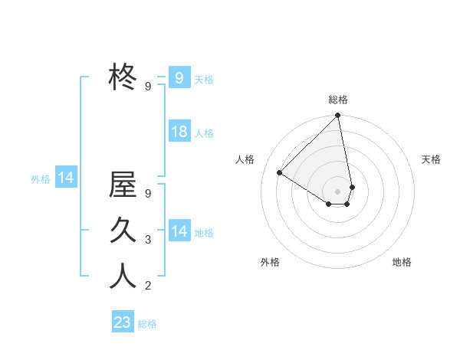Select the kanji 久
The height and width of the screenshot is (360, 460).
click(x=123, y=230)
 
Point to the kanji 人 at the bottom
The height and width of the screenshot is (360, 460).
click(x=123, y=276)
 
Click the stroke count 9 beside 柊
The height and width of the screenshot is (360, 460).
click(x=148, y=87)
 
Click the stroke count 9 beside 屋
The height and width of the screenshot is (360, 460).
click(x=148, y=194)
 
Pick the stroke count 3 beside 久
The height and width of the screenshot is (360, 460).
click(x=148, y=240)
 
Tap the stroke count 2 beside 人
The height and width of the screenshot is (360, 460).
click(x=148, y=286)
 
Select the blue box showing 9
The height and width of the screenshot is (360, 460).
click(x=179, y=77)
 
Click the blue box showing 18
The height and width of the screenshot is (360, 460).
click(x=179, y=132)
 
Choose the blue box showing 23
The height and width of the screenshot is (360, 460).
click(x=122, y=322)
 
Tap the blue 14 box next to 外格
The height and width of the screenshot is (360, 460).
click(x=66, y=178)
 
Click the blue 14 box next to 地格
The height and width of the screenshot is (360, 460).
click(x=179, y=231)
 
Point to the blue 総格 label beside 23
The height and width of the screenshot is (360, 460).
click(x=147, y=324)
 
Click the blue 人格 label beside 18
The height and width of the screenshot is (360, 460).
click(x=204, y=133)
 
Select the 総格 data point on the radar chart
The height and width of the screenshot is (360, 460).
click(x=338, y=116)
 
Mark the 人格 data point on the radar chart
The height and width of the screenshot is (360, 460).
click(x=280, y=173)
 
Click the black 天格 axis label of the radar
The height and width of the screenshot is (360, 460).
click(x=431, y=159)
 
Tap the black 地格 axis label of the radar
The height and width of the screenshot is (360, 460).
click(x=402, y=262)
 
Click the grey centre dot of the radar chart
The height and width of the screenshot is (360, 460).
click(x=338, y=190)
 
